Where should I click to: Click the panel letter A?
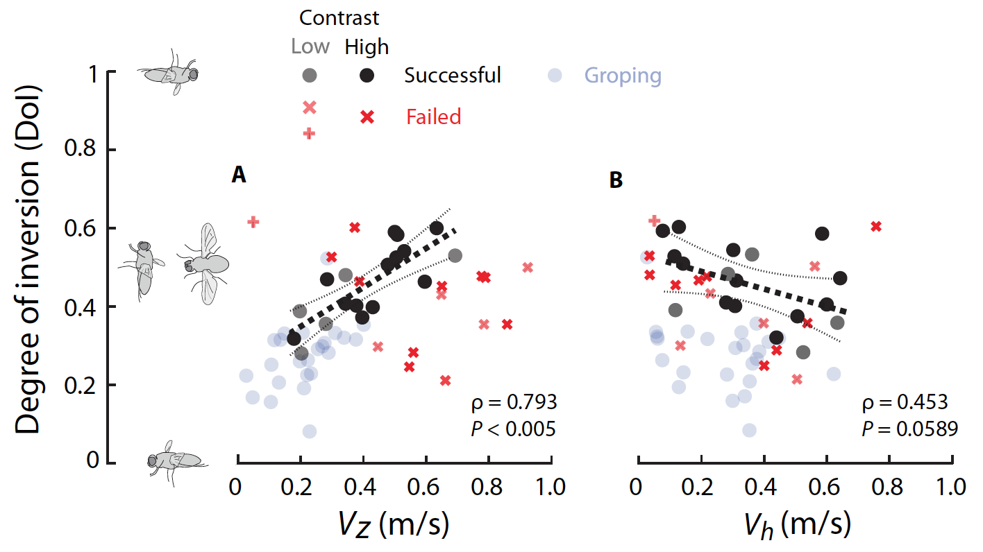[239, 177]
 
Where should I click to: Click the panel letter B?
[616, 180]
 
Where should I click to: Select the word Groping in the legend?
[623, 76]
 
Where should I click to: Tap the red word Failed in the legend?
[434, 117]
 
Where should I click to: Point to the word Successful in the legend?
[453, 75]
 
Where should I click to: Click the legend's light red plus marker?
[310, 133]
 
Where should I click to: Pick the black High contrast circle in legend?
[367, 76]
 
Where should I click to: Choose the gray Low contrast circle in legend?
[310, 76]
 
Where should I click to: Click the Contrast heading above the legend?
[339, 17]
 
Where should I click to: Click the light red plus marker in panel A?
[253, 222]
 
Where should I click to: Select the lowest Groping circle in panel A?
[310, 431]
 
